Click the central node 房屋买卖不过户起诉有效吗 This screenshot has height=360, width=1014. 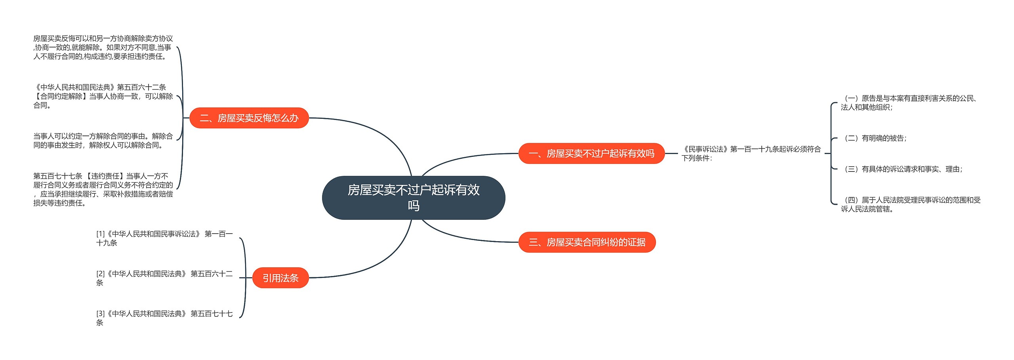413,198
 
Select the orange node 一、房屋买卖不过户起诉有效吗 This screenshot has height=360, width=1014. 591,153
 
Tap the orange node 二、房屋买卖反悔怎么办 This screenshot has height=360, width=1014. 249,118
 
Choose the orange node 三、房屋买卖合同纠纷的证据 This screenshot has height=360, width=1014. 587,242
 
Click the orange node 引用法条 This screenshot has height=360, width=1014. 280,278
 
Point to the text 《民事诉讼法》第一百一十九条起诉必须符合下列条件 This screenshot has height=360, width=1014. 751,153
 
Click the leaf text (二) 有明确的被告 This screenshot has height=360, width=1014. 875,138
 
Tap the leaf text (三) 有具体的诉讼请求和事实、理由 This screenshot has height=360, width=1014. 903,169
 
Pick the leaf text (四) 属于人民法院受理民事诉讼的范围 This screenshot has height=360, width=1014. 910,204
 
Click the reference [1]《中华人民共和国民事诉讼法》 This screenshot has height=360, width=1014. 164,238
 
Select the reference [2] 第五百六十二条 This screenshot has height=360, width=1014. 164,278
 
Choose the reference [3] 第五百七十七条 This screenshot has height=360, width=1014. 164,318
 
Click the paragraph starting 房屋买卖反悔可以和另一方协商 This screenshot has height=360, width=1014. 103,48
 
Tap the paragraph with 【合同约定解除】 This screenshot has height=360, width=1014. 103,96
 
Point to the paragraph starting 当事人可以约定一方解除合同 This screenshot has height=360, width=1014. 103,141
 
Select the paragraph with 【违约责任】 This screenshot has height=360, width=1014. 103,189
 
